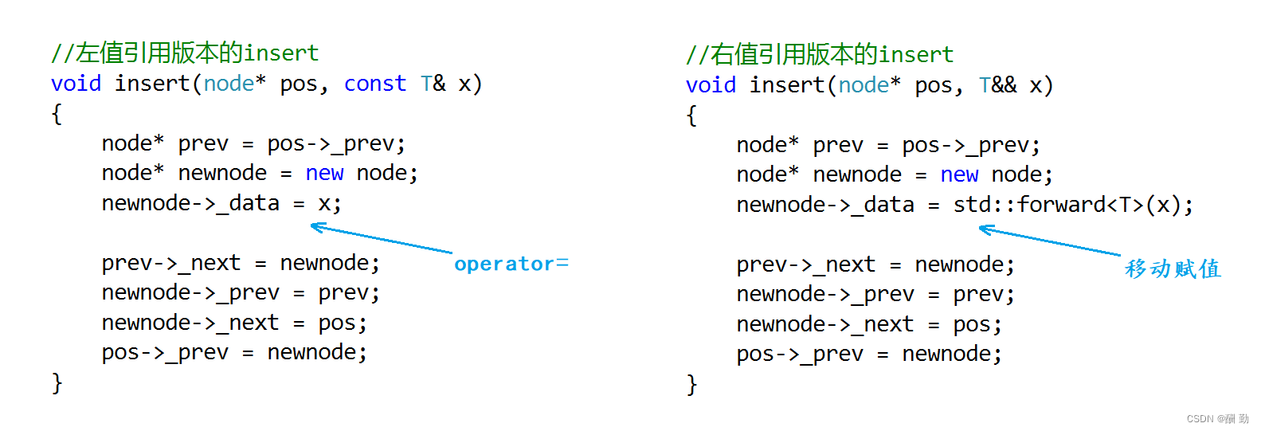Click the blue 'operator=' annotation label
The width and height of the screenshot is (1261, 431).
pyautogui.click(x=511, y=264)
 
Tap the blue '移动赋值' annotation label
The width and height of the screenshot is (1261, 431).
pyautogui.click(x=1172, y=269)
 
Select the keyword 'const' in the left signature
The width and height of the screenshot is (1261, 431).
pyautogui.click(x=374, y=84)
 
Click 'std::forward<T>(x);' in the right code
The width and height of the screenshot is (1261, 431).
pyautogui.click(x=1072, y=205)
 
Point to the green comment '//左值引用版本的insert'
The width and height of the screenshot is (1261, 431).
pyautogui.click(x=185, y=53)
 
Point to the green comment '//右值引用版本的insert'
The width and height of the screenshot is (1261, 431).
pyautogui.click(x=820, y=55)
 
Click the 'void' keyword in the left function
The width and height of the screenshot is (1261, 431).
pyautogui.click(x=76, y=84)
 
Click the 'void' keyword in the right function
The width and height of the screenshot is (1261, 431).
pyautogui.click(x=711, y=85)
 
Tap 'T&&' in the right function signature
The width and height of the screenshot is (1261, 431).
pyautogui.click(x=997, y=85)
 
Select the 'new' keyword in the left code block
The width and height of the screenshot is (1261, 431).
pyautogui.click(x=324, y=173)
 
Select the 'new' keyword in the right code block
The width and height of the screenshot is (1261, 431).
pyautogui.click(x=959, y=174)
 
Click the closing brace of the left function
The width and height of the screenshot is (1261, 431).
pyautogui.click(x=57, y=383)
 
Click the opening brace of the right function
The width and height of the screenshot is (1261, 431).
pyautogui.click(x=691, y=116)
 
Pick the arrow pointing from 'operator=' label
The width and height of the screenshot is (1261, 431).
pyautogui.click(x=381, y=239)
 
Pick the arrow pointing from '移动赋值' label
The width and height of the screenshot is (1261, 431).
pyautogui.click(x=1048, y=241)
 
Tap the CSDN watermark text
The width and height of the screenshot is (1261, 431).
pyautogui.click(x=1217, y=419)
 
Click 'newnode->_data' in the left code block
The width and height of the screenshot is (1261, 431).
pyautogui.click(x=190, y=203)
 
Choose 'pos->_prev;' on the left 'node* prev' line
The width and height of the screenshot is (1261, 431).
pyautogui.click(x=336, y=143)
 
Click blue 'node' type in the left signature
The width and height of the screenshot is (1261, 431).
pyautogui.click(x=229, y=84)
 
